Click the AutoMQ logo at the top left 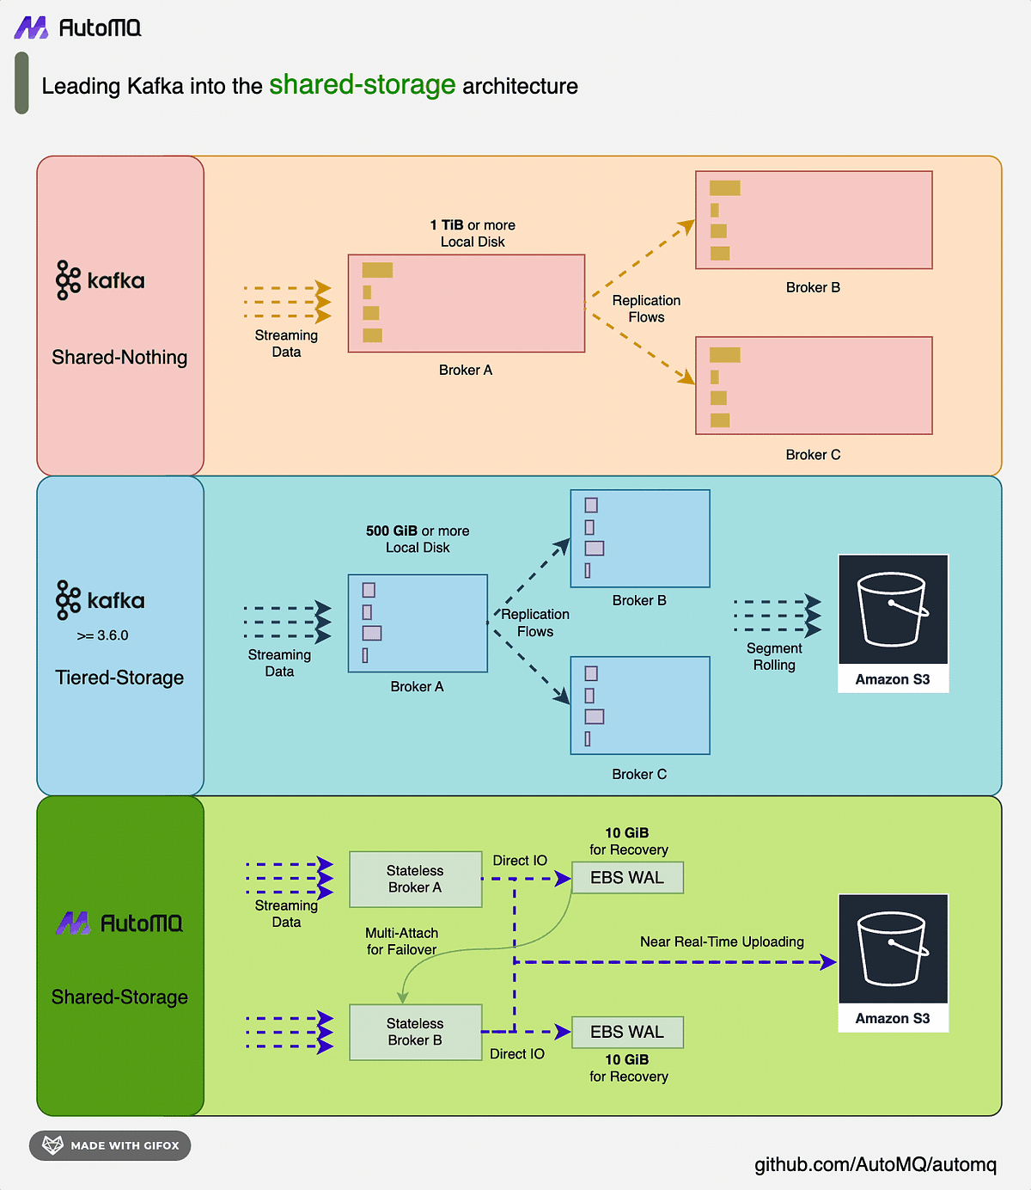77,28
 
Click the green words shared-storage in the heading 362,84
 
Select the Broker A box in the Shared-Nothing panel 466,303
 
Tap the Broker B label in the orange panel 812,287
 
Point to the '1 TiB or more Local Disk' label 473,233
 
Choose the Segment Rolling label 773,656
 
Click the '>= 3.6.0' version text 102,635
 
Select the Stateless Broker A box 415,879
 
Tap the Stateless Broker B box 415,1032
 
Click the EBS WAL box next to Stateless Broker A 627,878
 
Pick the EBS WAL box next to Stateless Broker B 627,1032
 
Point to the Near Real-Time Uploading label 722,942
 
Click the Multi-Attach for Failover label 401,941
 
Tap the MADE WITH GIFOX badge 110,1145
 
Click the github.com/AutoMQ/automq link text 875,1164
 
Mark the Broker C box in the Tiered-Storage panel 640,705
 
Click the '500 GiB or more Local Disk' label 418,539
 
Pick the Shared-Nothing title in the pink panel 119,357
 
